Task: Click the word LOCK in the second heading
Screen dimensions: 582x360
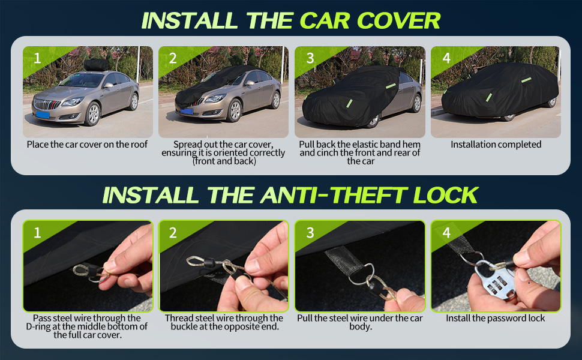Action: click(445, 195)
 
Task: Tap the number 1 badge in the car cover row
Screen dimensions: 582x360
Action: click(37, 58)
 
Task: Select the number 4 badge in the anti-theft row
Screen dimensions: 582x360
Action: click(446, 233)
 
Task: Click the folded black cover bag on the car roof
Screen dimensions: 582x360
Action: click(96, 65)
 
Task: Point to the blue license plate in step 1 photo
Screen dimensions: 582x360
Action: click(43, 115)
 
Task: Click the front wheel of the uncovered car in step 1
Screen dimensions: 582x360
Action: click(93, 113)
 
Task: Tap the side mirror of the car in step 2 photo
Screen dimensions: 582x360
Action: click(250, 83)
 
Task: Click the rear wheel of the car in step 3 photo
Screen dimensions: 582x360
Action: click(416, 103)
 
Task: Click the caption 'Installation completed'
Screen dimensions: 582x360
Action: click(496, 145)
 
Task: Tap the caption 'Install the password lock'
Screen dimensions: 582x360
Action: click(496, 318)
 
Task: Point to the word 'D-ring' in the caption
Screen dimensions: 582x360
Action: click(38, 326)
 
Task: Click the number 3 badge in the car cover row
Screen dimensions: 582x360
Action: click(310, 58)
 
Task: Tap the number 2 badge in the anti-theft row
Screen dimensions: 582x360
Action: click(173, 233)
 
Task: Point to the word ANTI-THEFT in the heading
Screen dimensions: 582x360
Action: click(334, 195)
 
